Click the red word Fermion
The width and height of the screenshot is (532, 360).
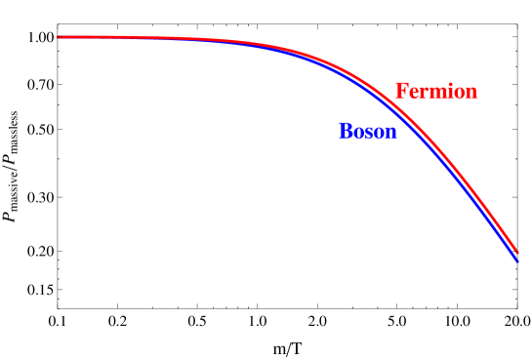(436, 92)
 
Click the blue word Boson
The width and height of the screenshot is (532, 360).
(368, 132)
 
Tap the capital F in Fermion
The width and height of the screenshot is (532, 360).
(401, 92)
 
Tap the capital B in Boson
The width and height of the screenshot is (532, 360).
(346, 132)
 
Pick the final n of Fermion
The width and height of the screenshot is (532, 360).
(471, 93)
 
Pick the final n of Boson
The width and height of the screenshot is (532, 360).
(390, 133)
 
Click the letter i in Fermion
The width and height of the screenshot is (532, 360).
(448, 92)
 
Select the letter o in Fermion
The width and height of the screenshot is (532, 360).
(458, 93)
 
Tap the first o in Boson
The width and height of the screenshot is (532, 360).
(358, 133)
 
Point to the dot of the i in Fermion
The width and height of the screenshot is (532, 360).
(448, 86)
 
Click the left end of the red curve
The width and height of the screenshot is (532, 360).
(59, 37)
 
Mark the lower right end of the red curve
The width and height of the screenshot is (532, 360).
(516, 251)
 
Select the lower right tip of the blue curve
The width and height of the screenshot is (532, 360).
(516, 260)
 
